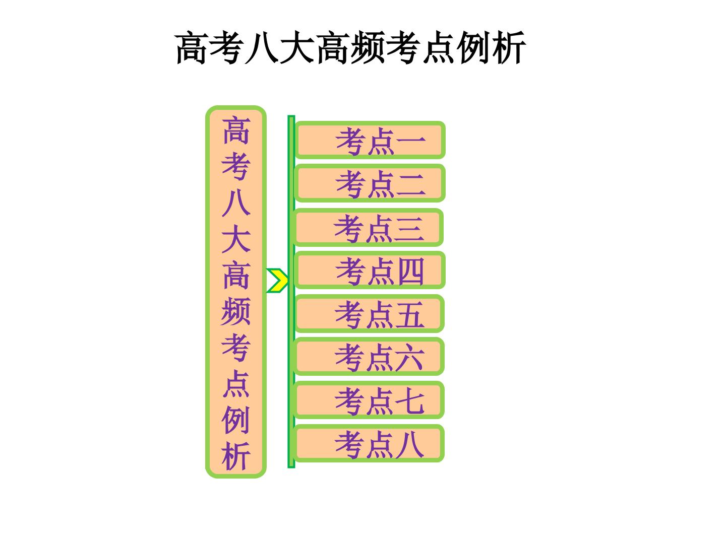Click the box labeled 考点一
tap(370, 140)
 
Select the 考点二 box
tap(370, 183)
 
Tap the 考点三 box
tap(368, 227)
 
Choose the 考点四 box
tap(370, 270)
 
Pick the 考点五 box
tap(369, 313)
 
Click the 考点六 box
tap(369, 357)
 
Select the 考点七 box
tap(369, 400)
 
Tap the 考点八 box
tap(369, 443)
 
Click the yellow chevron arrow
tap(277, 281)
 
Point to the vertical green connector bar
tap(291, 292)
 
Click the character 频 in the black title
tap(368, 47)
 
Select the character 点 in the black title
tap(438, 47)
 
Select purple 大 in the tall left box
tap(236, 238)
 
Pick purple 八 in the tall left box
tap(236, 202)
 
